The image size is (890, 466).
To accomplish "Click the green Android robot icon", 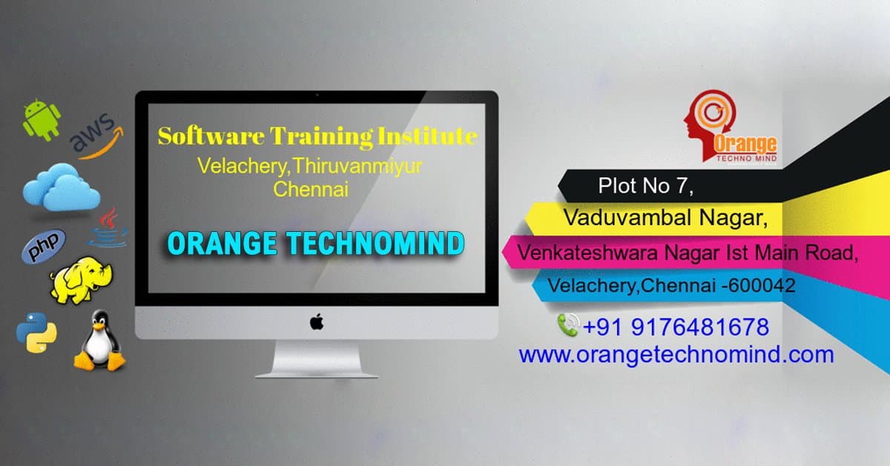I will point(42,120).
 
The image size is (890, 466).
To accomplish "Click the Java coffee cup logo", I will point(108,227).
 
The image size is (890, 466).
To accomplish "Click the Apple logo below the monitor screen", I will point(317,322).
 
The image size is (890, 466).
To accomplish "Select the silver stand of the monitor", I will point(317,360).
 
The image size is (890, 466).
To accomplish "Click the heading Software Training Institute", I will point(317,136).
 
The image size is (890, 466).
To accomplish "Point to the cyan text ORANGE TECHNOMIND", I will point(316,243).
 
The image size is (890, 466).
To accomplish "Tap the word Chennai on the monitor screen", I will point(311,189).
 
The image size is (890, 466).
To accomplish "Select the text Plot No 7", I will point(646,186).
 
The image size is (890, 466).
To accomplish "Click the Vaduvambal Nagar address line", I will point(665,218).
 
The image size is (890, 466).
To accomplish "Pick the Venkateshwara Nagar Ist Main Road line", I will point(688,252).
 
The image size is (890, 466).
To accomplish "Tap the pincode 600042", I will point(764,285).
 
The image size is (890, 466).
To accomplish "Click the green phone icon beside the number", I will point(567,324).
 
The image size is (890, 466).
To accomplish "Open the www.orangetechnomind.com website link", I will point(676,354).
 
